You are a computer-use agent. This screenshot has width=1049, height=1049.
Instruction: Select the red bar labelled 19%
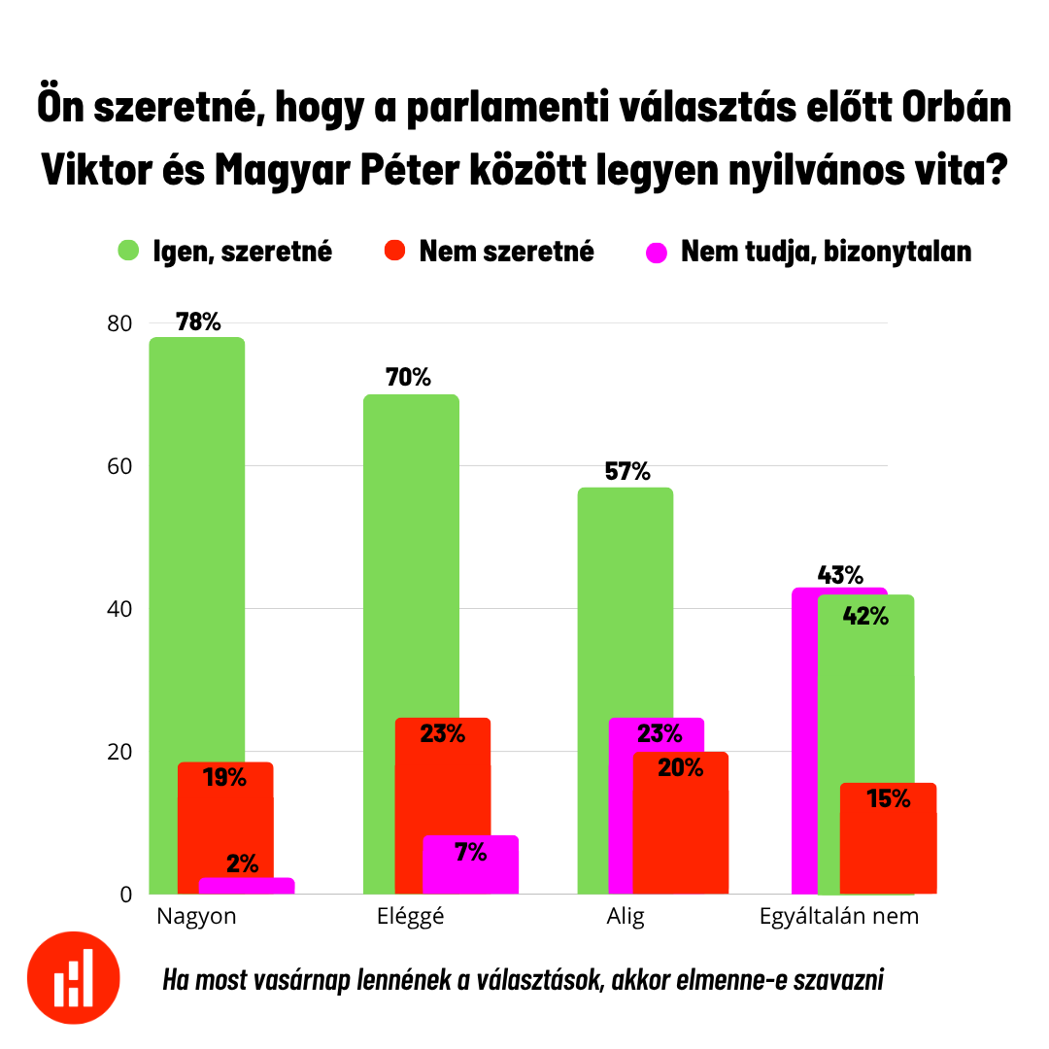coord(225,826)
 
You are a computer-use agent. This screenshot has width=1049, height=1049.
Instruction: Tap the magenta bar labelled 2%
coord(247,885)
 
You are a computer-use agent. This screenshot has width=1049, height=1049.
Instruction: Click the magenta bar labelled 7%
coord(470,864)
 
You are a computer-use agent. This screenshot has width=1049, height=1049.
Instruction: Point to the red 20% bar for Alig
coord(680,826)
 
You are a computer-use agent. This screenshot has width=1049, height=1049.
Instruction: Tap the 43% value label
coord(840,575)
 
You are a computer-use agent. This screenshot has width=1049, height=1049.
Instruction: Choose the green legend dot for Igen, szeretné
coord(128,251)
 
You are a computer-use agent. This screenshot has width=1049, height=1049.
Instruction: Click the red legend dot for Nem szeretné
coord(393,251)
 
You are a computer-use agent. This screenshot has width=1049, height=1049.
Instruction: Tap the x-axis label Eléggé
coord(410,916)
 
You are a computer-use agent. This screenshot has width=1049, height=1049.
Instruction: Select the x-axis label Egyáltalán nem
coord(838,916)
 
